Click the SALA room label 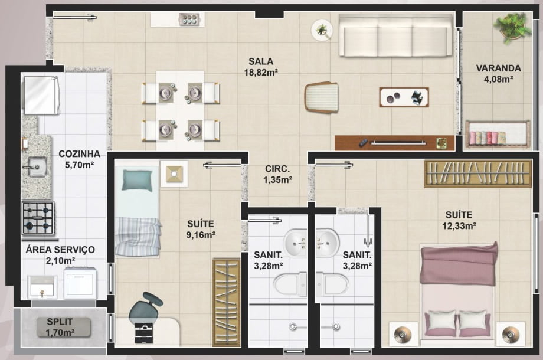261,61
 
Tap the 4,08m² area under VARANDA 498,79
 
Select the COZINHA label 79,153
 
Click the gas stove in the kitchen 38,218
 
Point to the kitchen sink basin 37,167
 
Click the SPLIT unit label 60,322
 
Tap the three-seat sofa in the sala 396,35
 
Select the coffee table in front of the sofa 404,97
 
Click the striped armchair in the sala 321,97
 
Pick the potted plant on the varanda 512,28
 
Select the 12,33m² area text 459,226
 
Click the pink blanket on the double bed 459,264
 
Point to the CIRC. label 277,169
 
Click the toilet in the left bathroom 290,284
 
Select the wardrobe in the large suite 477,174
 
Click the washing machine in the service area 80,283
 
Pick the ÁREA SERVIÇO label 60,250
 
